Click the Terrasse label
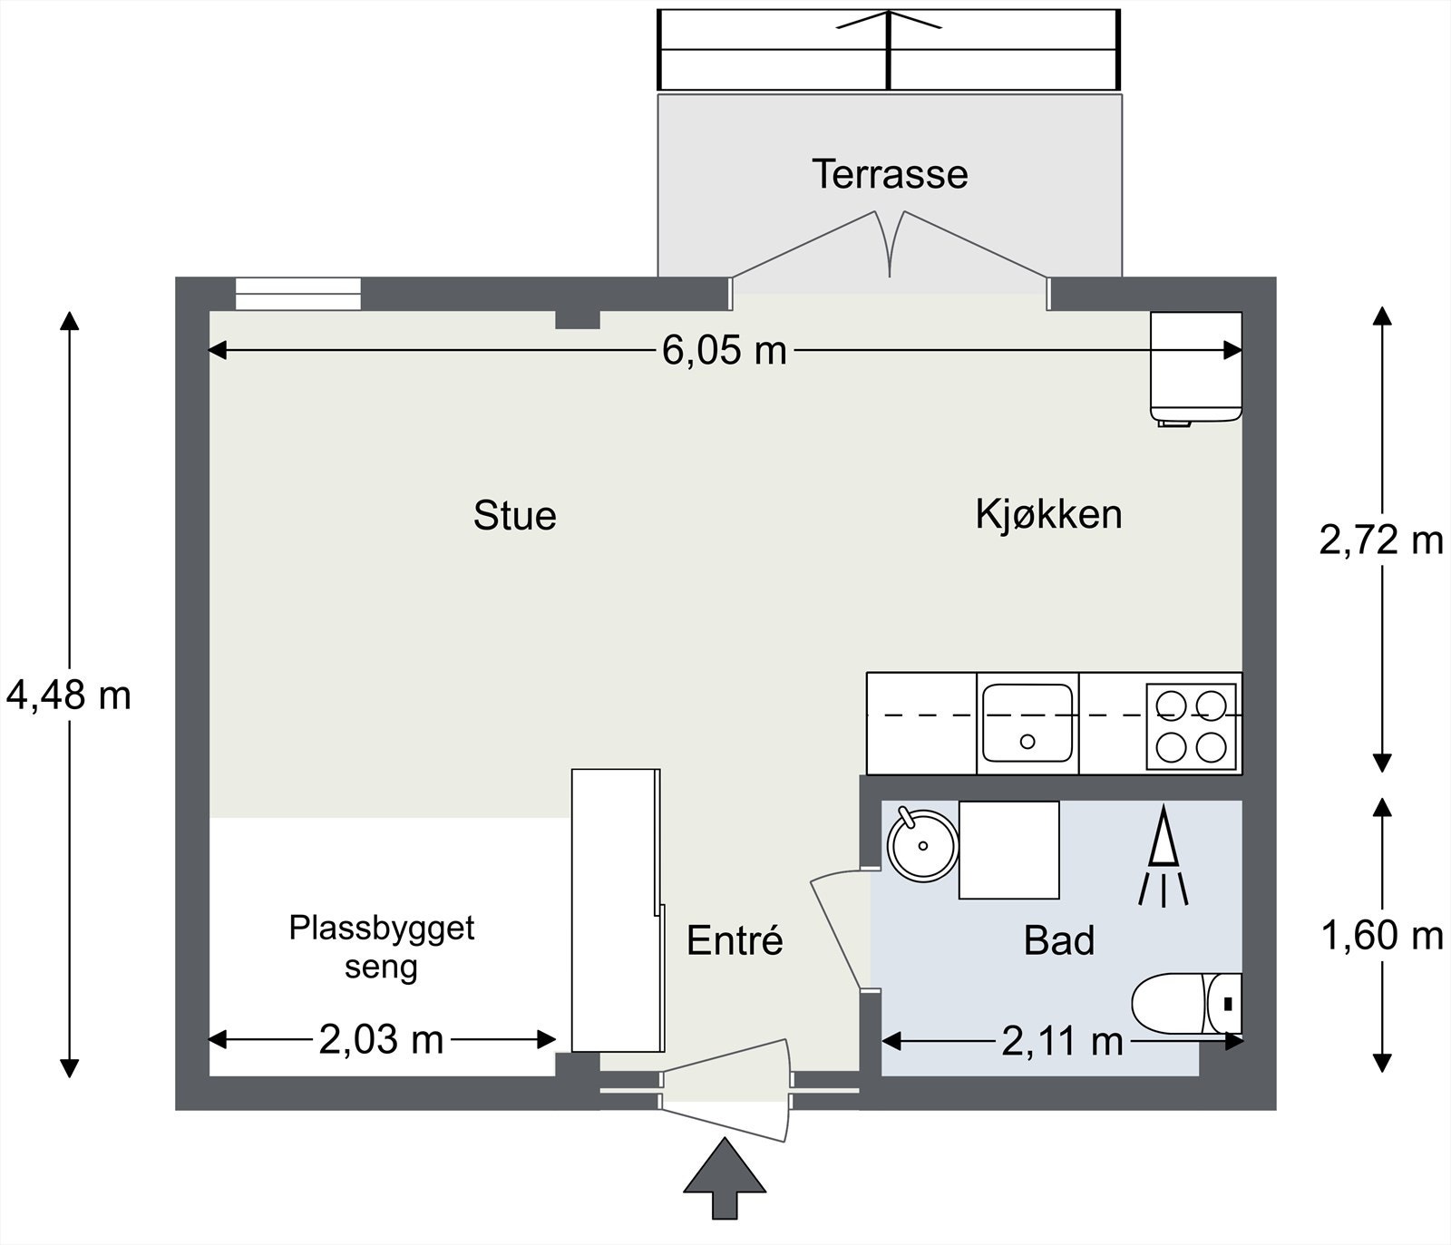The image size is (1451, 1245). click(x=890, y=174)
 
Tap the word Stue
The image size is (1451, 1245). click(x=514, y=515)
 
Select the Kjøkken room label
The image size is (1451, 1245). click(x=1048, y=514)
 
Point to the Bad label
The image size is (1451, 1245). click(x=1058, y=940)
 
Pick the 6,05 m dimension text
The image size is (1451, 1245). click(x=724, y=350)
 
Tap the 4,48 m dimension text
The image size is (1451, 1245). click(x=69, y=695)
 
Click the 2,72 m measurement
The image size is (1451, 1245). click(x=1380, y=540)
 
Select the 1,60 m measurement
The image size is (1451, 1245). click(x=1381, y=935)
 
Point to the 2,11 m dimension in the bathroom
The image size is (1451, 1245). click(x=1062, y=1041)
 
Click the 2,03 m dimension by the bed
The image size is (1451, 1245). click(x=381, y=1039)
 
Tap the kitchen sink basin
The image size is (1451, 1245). click(x=1027, y=723)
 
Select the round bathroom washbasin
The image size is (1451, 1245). click(x=922, y=844)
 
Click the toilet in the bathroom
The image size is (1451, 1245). click(x=1187, y=1004)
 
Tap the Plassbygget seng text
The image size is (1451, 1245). click(x=382, y=948)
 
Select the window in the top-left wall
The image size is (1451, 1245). click(x=297, y=294)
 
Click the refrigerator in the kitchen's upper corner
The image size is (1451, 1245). click(x=1196, y=368)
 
